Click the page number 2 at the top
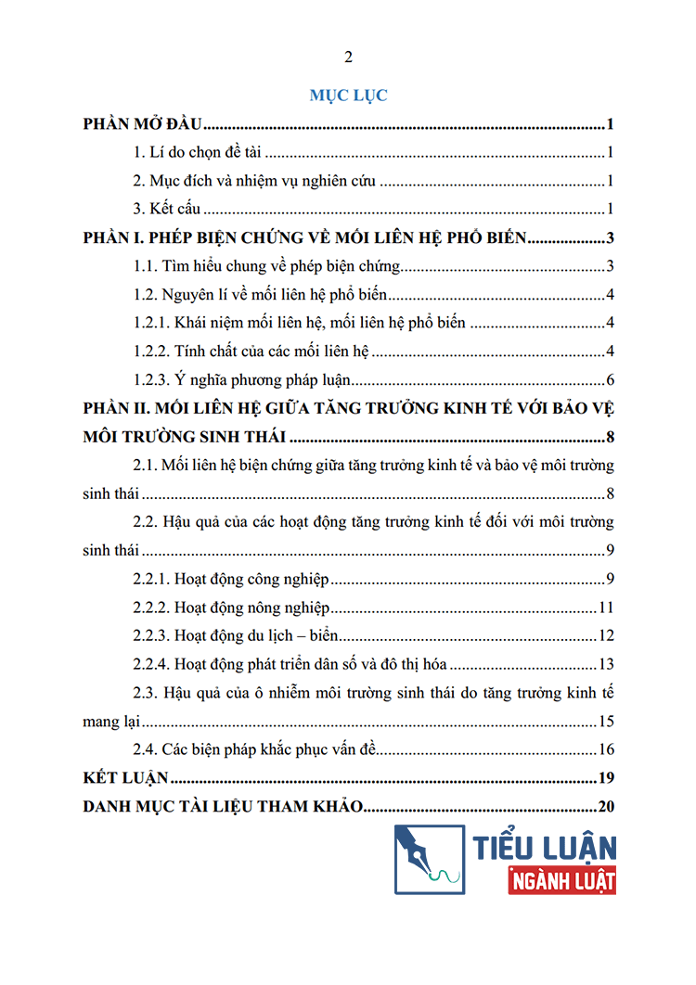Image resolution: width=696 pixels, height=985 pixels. tap(349, 58)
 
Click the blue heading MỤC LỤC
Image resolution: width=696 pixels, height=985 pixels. tap(348, 95)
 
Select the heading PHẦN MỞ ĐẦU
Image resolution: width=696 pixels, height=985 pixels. tap(143, 125)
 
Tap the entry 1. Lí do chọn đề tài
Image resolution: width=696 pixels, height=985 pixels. tap(200, 154)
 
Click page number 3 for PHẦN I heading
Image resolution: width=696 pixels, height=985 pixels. tap(610, 238)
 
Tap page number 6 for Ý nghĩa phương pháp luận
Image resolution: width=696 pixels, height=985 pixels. tap(610, 380)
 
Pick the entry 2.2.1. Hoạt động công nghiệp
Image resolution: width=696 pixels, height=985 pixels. tap(231, 580)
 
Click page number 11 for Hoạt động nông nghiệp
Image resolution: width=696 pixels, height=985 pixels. tap(607, 608)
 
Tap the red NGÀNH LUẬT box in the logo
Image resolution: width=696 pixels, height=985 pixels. tap(562, 879)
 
